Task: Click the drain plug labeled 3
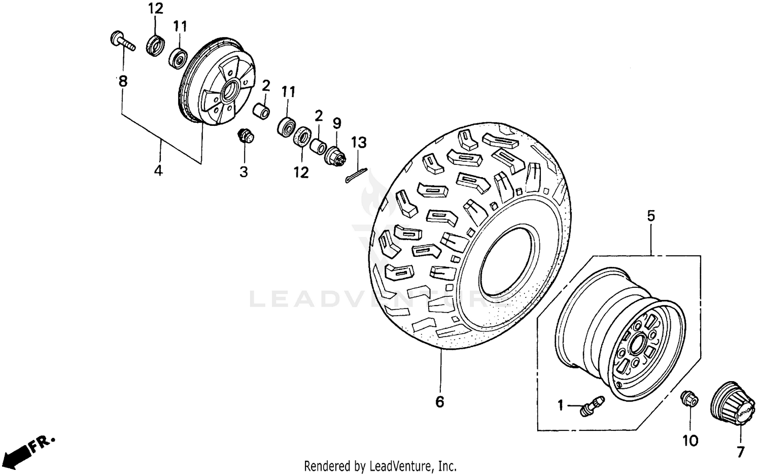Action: pyautogui.click(x=245, y=136)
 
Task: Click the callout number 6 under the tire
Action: pyautogui.click(x=439, y=401)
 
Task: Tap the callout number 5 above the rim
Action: pyautogui.click(x=651, y=216)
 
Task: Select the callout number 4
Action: pyautogui.click(x=158, y=171)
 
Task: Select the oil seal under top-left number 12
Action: pyautogui.click(x=155, y=45)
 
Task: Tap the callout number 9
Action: pyautogui.click(x=337, y=123)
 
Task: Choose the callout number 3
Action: pyautogui.click(x=244, y=172)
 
